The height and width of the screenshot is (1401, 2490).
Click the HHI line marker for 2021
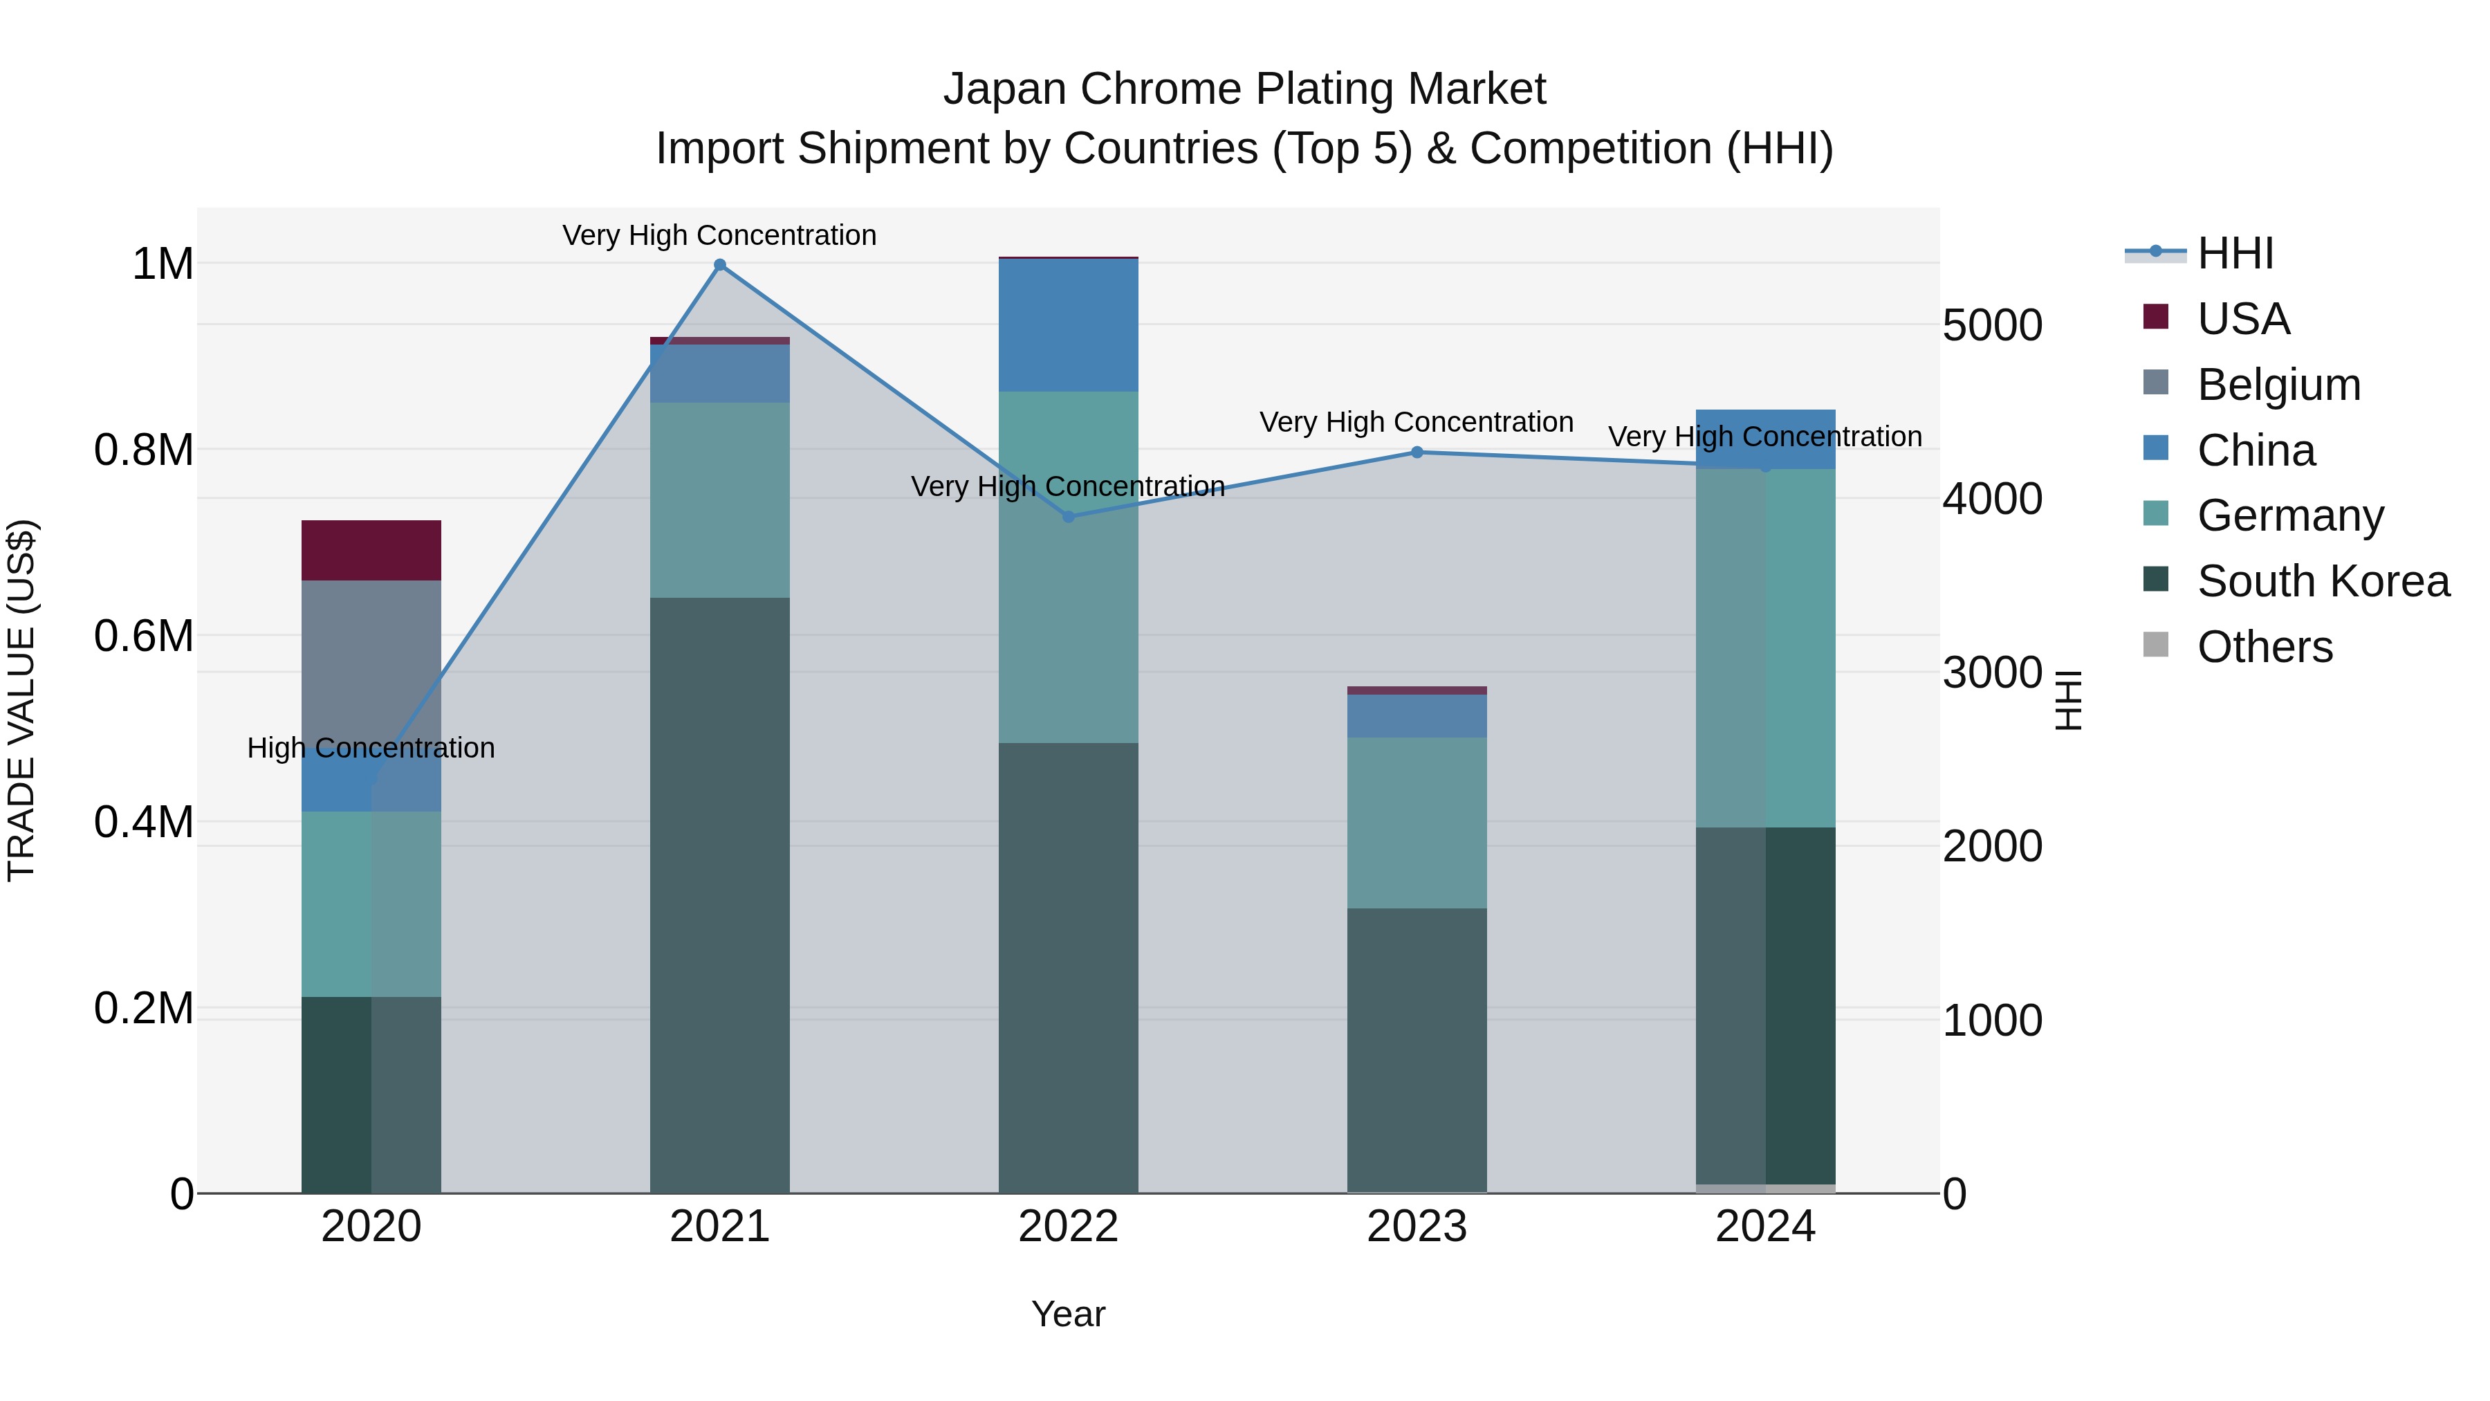pos(719,265)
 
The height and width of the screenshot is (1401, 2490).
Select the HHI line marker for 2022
pos(1068,516)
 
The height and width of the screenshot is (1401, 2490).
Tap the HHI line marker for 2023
pos(1417,452)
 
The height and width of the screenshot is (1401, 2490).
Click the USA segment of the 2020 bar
pos(371,550)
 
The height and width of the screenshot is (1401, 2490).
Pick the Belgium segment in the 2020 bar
pos(371,667)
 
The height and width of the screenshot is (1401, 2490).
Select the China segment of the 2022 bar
pos(1068,325)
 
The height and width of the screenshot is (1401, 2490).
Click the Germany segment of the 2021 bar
pos(719,500)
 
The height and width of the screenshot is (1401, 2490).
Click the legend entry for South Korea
pos(2323,581)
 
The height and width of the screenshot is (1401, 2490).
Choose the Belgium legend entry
pos(2278,385)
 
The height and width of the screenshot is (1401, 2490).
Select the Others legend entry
pos(2264,647)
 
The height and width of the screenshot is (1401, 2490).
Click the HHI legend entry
pos(2235,253)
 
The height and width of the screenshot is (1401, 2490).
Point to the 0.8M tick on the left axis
pos(144,450)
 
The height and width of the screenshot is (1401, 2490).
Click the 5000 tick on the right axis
pos(1992,326)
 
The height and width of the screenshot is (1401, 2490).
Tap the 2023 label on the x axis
pos(1417,1227)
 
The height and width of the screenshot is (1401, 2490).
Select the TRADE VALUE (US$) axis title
pos(21,700)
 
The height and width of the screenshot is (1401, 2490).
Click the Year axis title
pos(1068,1314)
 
